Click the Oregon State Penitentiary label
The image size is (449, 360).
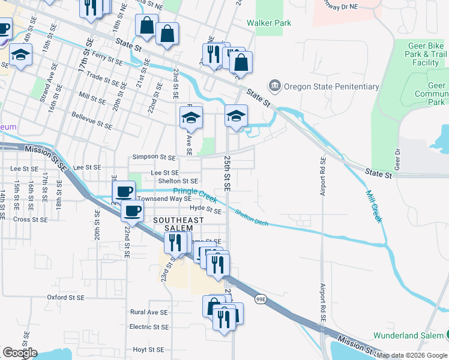(332, 86)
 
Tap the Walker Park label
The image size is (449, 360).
(269, 23)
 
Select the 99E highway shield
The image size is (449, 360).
(260, 299)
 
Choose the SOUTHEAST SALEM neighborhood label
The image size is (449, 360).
(173, 224)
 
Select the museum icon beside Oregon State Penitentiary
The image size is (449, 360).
(276, 86)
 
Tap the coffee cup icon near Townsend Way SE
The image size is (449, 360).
(124, 192)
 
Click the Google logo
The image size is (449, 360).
(20, 353)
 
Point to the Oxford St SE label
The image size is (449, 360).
(66, 297)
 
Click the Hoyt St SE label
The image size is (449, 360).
(148, 349)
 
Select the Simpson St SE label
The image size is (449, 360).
(154, 157)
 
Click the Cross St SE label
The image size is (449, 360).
(31, 220)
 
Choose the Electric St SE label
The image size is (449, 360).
(149, 327)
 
